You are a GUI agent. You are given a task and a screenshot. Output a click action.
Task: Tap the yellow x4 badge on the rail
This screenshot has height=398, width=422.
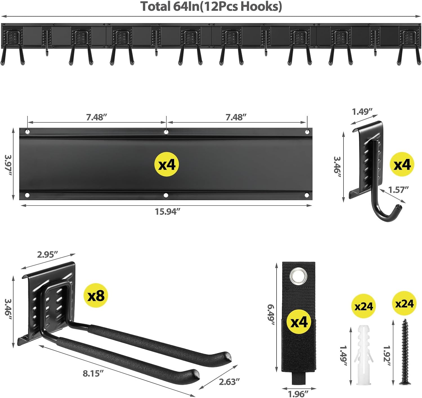coord(167,164)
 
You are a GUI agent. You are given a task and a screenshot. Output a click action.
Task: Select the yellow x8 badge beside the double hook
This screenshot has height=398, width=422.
coord(96,295)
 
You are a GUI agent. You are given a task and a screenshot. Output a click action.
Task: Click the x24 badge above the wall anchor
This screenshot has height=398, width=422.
coord(363,306)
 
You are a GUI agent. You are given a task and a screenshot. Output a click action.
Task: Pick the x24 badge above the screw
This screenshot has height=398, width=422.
coord(404,303)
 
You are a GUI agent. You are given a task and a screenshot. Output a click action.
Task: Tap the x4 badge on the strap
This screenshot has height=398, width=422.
coord(299,322)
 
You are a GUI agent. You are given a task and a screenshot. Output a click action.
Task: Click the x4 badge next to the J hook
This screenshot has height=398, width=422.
coord(402,164)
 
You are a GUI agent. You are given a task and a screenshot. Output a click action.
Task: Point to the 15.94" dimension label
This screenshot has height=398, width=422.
coord(167,211)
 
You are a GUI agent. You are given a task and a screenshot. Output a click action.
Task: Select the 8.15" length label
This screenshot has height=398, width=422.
coord(93,373)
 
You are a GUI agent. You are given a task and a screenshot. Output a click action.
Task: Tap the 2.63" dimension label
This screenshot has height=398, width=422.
coord(229,382)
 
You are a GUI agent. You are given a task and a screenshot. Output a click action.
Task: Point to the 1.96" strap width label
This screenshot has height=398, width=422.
coord(298,393)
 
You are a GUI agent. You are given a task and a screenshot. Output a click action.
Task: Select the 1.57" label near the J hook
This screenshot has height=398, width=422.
coord(398,190)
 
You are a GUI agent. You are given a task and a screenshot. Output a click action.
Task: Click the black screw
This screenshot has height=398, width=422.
coord(405,352)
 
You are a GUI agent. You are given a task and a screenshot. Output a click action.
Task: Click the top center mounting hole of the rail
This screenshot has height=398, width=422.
coord(166,131)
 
